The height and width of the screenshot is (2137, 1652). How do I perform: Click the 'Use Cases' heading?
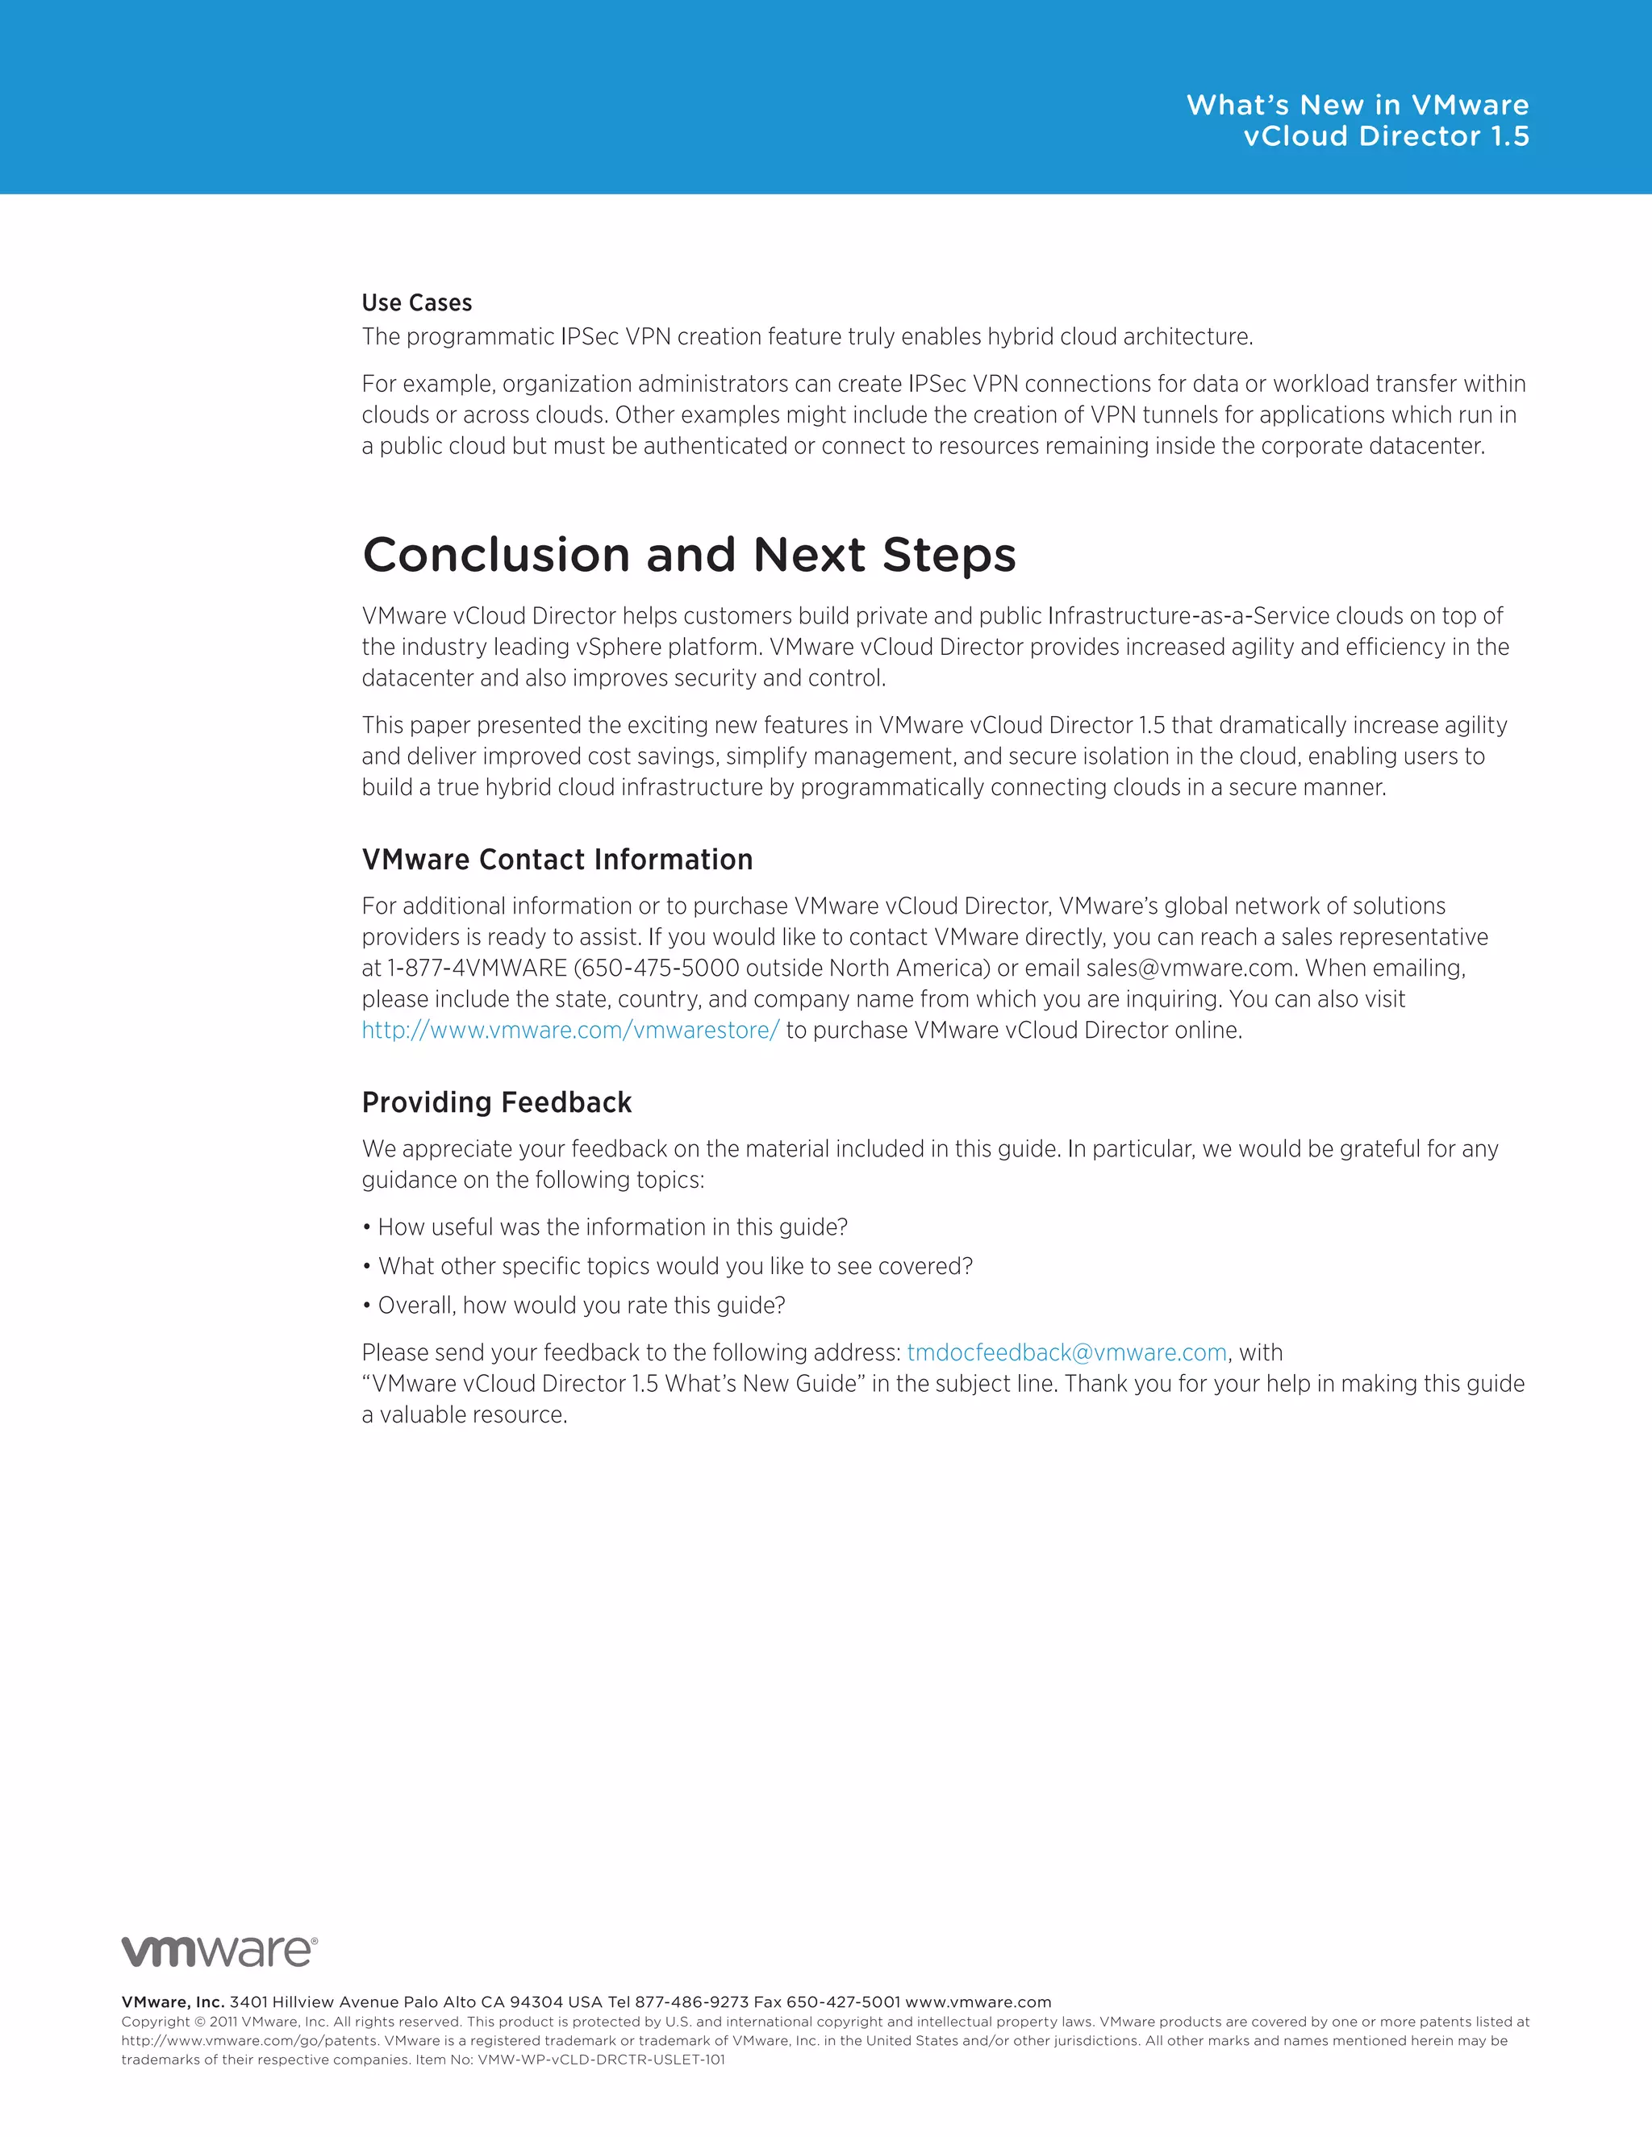pos(417,302)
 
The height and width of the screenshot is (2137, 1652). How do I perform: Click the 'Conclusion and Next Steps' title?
pos(689,555)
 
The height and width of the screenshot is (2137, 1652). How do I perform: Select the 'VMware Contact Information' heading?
pos(557,859)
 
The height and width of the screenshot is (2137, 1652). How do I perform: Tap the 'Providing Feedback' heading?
pos(496,1102)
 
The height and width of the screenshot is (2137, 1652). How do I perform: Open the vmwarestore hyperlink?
pos(569,1031)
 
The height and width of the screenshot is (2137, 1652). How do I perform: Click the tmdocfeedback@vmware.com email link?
pos(1066,1352)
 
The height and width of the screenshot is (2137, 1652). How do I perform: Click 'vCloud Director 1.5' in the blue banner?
pos(1386,136)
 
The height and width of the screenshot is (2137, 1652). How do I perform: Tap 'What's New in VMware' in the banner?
pos(1357,105)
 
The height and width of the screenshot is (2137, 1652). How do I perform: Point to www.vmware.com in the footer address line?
pos(978,2002)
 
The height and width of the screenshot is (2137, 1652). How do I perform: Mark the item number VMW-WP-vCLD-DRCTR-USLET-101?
pos(601,2060)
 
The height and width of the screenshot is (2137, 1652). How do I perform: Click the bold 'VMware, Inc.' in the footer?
pos(173,2002)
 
